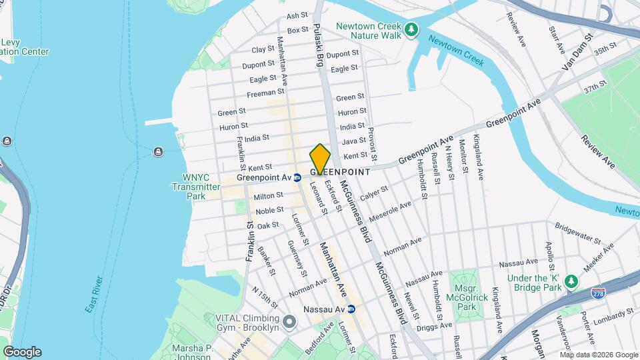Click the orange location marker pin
321,159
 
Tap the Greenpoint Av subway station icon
298,178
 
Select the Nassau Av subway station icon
351,309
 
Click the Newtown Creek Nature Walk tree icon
413,29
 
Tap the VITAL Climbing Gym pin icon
289,322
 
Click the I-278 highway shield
598,292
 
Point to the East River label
94,294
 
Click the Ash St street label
297,15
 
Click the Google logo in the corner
22,352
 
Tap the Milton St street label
269,196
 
